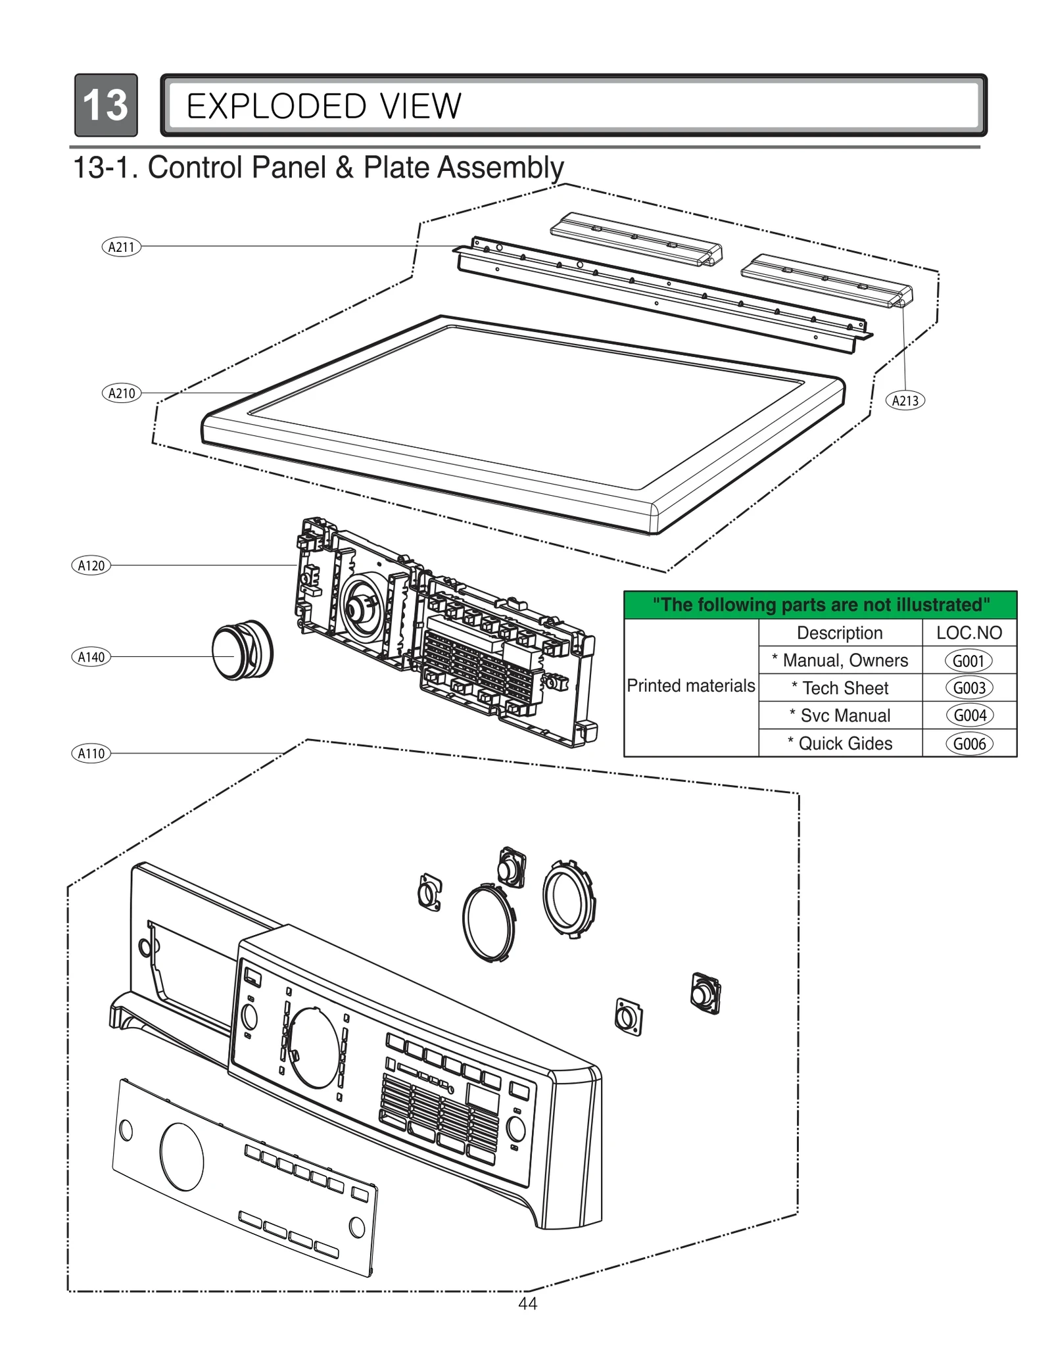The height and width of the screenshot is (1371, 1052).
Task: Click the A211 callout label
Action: [x=121, y=247]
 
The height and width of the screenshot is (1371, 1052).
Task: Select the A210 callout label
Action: [x=122, y=393]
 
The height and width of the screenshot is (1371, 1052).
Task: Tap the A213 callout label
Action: [x=905, y=400]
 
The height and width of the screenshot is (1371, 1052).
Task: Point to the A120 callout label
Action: [x=91, y=565]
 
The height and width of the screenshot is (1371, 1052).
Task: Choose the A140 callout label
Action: [x=91, y=657]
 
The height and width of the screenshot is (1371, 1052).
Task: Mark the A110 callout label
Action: [x=91, y=754]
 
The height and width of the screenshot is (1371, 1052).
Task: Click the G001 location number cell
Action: [x=968, y=661]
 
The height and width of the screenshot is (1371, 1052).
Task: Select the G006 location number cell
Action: [x=968, y=744]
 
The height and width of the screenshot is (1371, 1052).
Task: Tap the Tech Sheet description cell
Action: [x=840, y=688]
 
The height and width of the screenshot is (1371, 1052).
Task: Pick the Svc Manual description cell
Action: [x=840, y=715]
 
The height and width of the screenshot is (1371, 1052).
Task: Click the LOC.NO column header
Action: [x=968, y=633]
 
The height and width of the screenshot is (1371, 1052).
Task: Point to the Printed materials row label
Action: [x=690, y=686]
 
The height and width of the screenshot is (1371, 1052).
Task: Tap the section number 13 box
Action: [x=106, y=105]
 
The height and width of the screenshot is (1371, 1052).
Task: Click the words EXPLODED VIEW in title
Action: [x=323, y=107]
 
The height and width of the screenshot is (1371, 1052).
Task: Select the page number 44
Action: [x=527, y=1304]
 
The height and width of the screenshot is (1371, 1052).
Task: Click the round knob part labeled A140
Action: [x=241, y=650]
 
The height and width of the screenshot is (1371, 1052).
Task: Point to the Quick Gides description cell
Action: [x=840, y=744]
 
